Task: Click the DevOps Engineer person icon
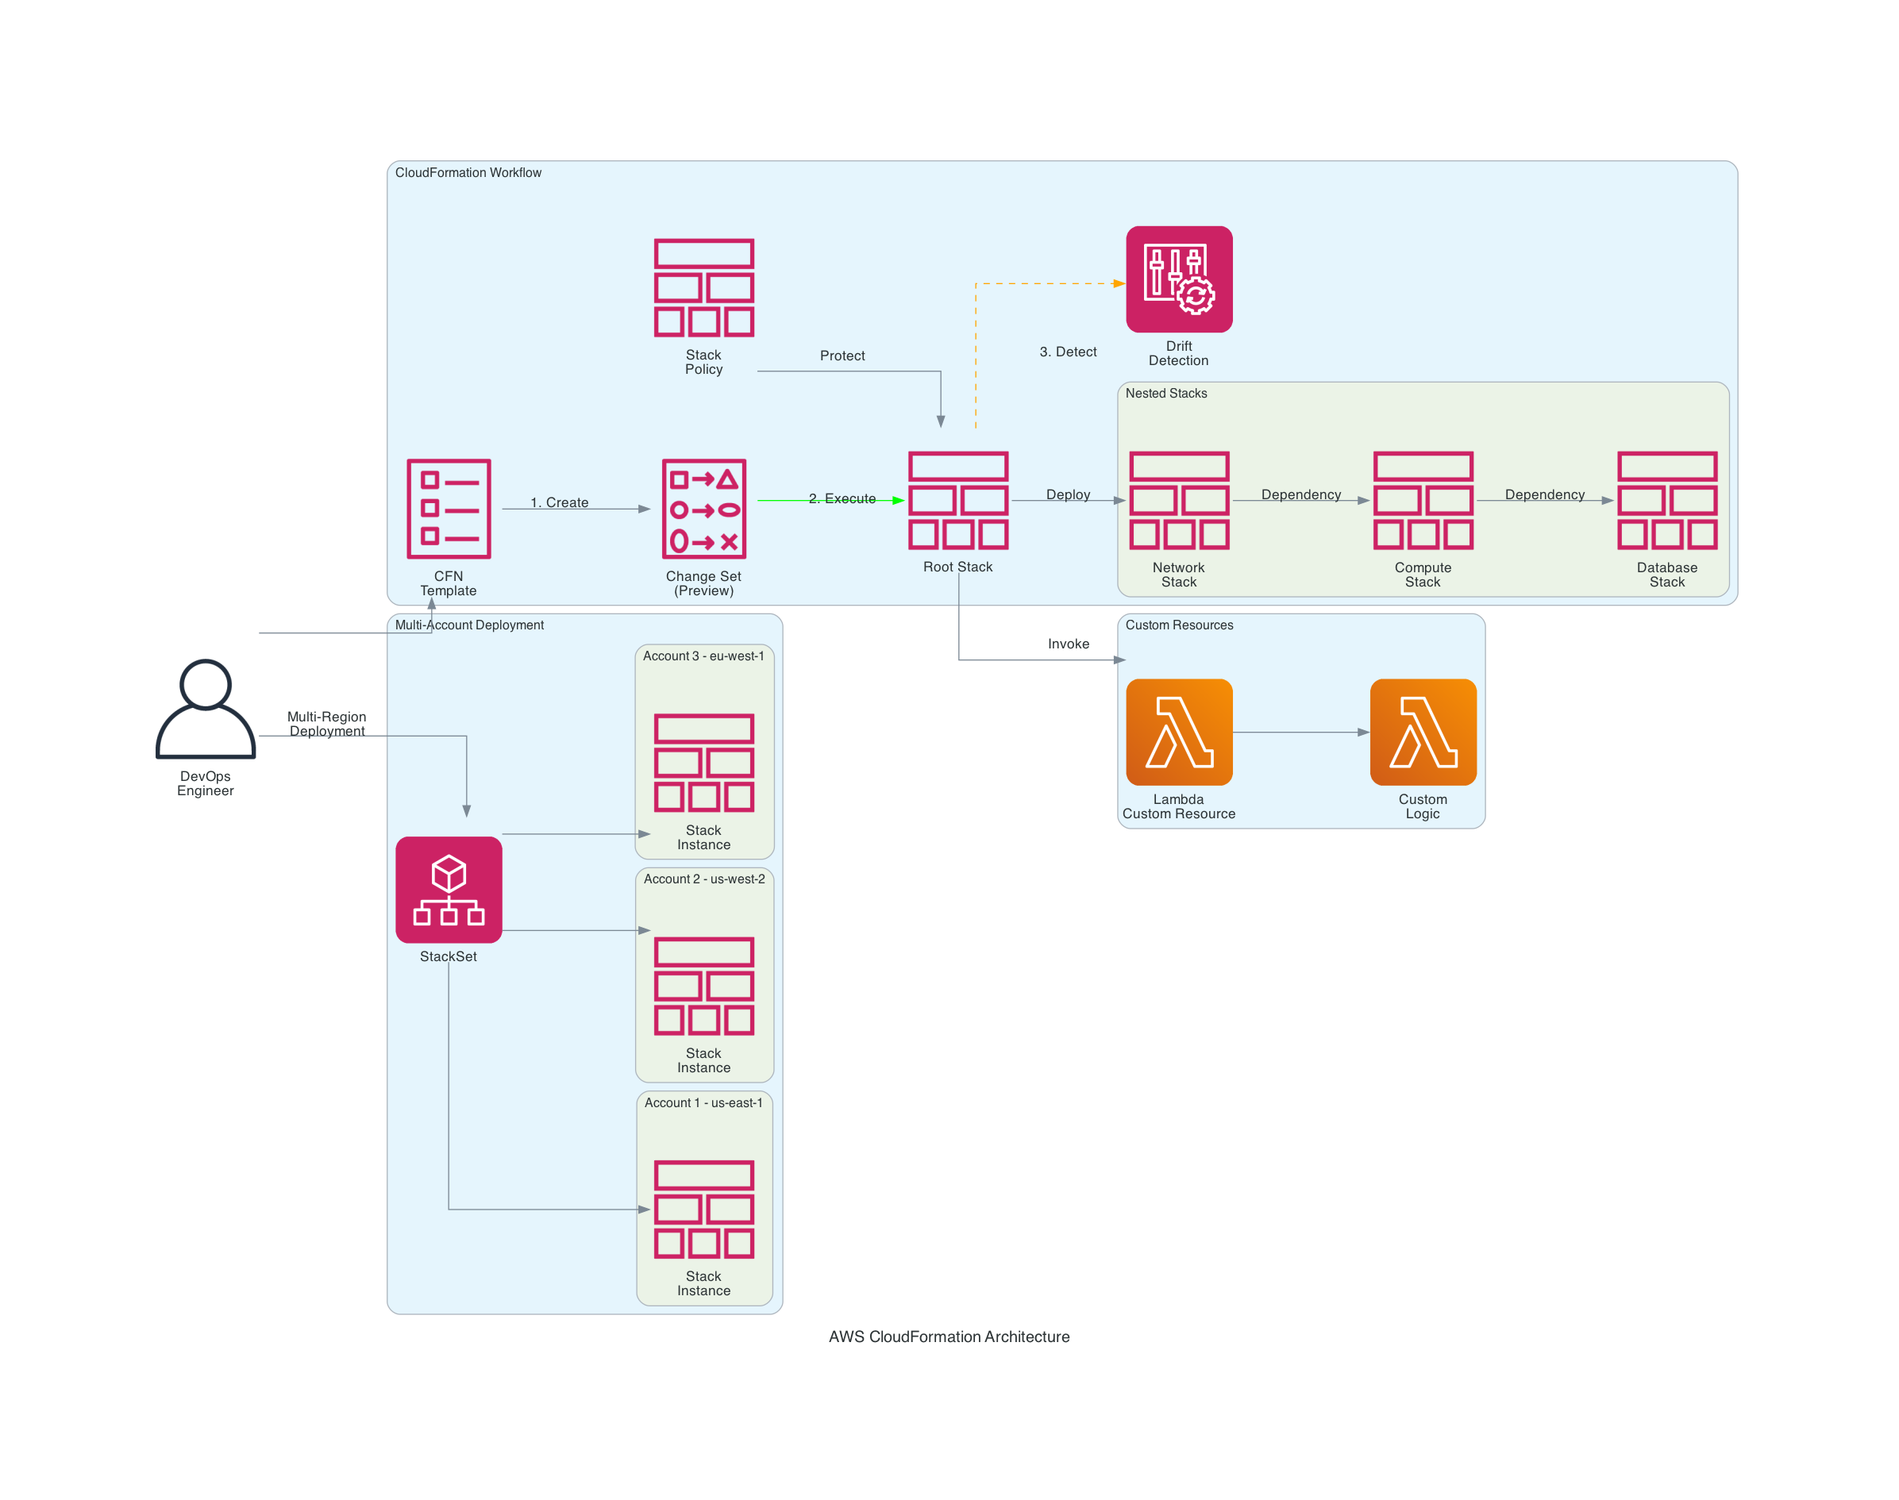pyautogui.click(x=205, y=709)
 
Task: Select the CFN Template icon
pyautogui.click(x=448, y=509)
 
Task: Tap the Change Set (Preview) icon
pyautogui.click(x=703, y=509)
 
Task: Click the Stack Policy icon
pyautogui.click(x=703, y=288)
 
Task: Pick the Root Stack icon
pyautogui.click(x=957, y=501)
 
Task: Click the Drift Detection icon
pyautogui.click(x=1179, y=279)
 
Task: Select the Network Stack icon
pyautogui.click(x=1179, y=501)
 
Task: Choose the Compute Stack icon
pyautogui.click(x=1422, y=501)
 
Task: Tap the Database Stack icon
pyautogui.click(x=1666, y=501)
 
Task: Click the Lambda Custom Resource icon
pyautogui.click(x=1179, y=732)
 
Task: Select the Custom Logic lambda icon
pyautogui.click(x=1422, y=732)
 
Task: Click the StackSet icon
pyautogui.click(x=448, y=890)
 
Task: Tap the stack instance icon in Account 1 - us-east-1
pyautogui.click(x=703, y=1210)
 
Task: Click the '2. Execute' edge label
pyautogui.click(x=842, y=499)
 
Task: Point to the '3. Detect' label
pyautogui.click(x=1067, y=352)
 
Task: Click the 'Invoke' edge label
pyautogui.click(x=1068, y=644)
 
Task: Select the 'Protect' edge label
pyautogui.click(x=842, y=356)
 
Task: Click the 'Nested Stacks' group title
pyautogui.click(x=1165, y=394)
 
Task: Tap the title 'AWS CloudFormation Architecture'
pyautogui.click(x=949, y=1337)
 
